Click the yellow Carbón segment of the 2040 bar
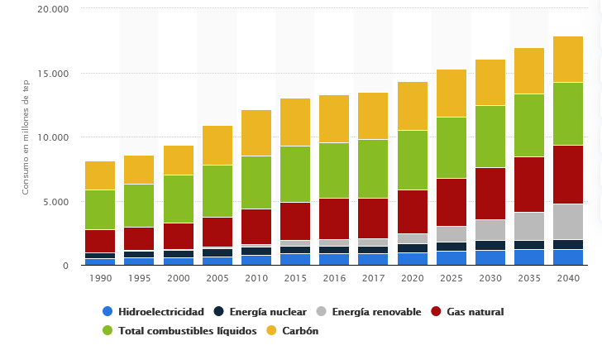coord(567,59)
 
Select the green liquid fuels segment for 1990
coord(100,209)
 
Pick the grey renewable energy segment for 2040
coord(567,221)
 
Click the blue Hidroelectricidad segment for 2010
coord(256,260)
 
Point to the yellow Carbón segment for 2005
coord(217,145)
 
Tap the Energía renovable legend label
coord(376,312)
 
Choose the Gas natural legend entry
coord(475,312)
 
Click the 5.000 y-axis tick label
coord(56,202)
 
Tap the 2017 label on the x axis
coord(373,279)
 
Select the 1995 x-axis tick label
coord(139,279)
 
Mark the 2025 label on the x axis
coord(451,279)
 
